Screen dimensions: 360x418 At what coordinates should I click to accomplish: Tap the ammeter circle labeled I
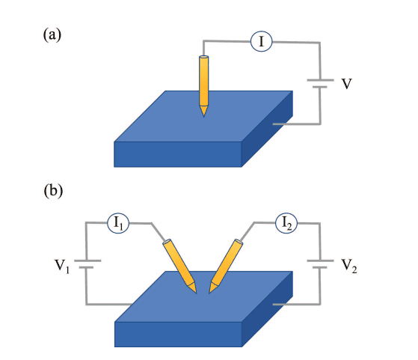[x=261, y=43]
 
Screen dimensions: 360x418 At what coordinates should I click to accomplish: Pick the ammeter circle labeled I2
[x=286, y=222]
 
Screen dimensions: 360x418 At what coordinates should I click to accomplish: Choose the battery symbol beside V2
[x=320, y=265]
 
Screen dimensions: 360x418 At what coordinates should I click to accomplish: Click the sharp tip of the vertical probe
[x=203, y=115]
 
